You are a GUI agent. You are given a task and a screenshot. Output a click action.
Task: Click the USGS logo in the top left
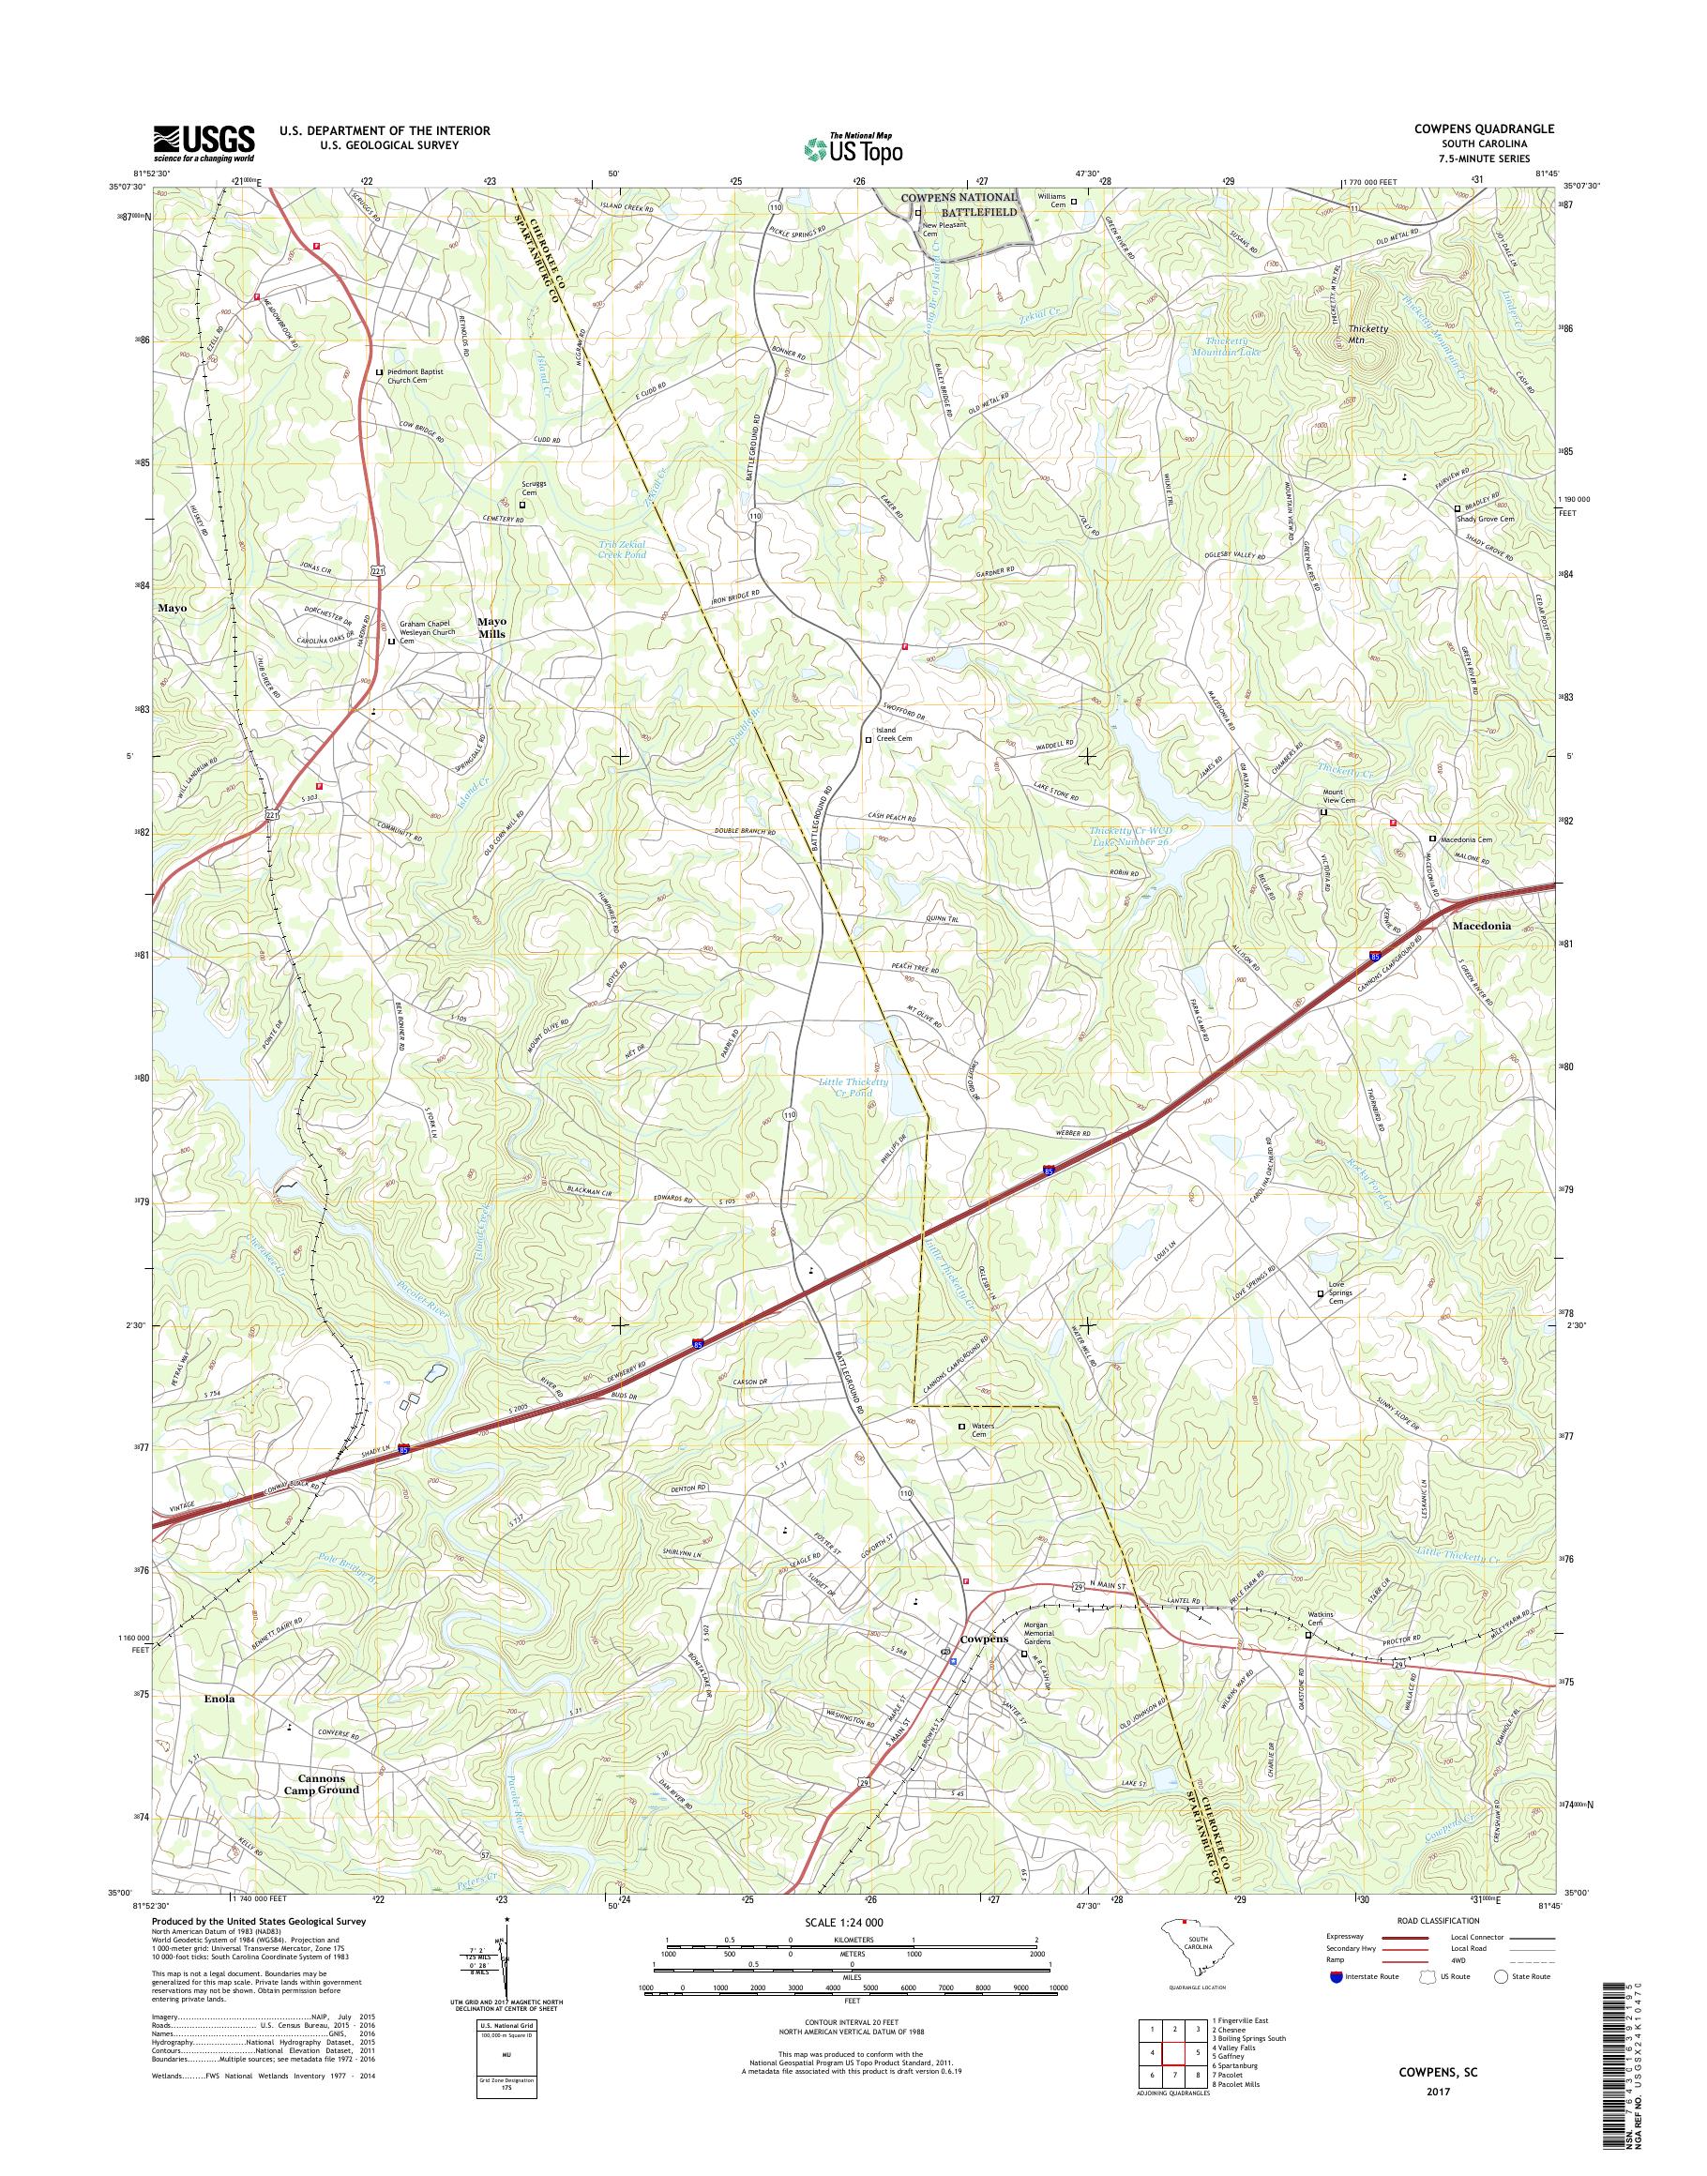coord(204,143)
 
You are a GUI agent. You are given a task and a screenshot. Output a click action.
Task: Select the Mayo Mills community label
coord(491,627)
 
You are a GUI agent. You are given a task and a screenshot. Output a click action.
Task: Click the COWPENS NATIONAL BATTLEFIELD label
coord(959,204)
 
